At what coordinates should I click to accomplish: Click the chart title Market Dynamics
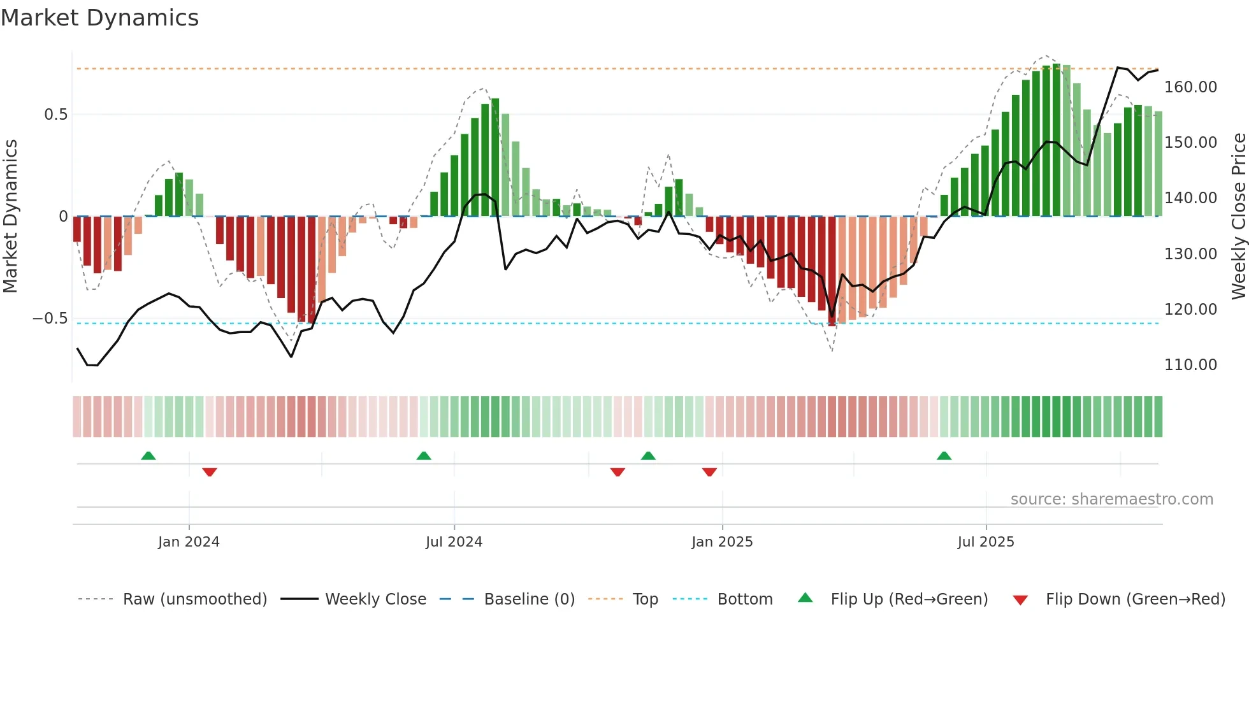click(99, 18)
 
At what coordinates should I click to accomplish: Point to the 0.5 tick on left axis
click(55, 115)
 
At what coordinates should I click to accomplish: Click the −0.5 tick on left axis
click(50, 319)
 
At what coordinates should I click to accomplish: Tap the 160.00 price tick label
click(1190, 87)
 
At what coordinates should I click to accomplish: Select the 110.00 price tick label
click(1190, 365)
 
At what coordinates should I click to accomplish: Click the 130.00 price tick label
click(1190, 254)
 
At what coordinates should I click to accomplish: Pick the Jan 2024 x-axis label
click(189, 542)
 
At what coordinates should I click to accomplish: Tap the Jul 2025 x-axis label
click(985, 542)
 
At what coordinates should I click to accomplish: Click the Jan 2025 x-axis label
click(722, 542)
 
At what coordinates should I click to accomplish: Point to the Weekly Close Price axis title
click(1238, 217)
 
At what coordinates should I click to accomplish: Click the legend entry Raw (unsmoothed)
click(194, 599)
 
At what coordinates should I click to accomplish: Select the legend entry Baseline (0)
click(529, 599)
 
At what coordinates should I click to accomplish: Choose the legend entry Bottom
click(744, 599)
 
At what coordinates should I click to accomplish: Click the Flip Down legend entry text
click(1135, 599)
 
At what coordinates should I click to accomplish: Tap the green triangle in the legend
click(805, 598)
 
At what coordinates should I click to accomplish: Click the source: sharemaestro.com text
click(1111, 499)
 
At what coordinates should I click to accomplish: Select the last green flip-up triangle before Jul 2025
click(944, 456)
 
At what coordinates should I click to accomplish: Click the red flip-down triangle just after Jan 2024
click(210, 471)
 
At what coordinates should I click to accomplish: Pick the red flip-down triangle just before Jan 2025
click(709, 471)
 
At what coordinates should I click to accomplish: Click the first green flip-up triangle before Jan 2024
click(148, 456)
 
